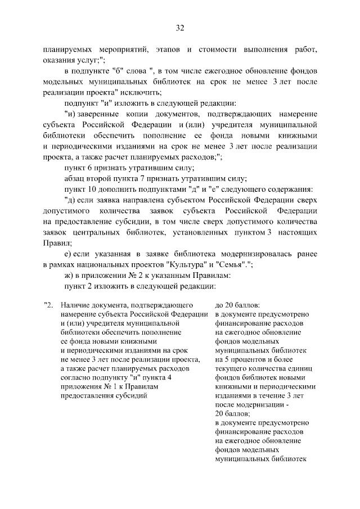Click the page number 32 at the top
(180, 28)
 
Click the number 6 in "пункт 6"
(89, 168)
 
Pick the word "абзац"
(75, 179)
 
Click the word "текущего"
(231, 368)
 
